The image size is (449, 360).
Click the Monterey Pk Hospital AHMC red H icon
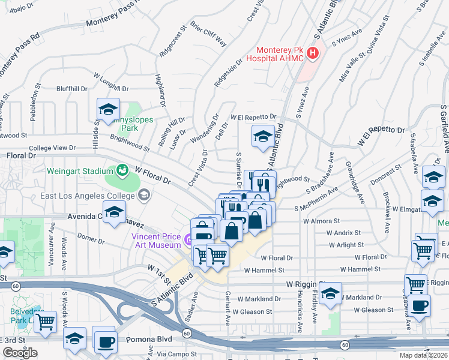click(x=312, y=54)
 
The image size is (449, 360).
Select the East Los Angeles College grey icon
click(x=143, y=195)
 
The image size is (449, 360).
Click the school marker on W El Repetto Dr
click(x=262, y=137)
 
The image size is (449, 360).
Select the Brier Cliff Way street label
click(x=208, y=34)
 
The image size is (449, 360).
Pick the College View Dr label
click(x=52, y=148)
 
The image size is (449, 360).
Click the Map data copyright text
click(x=423, y=355)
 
